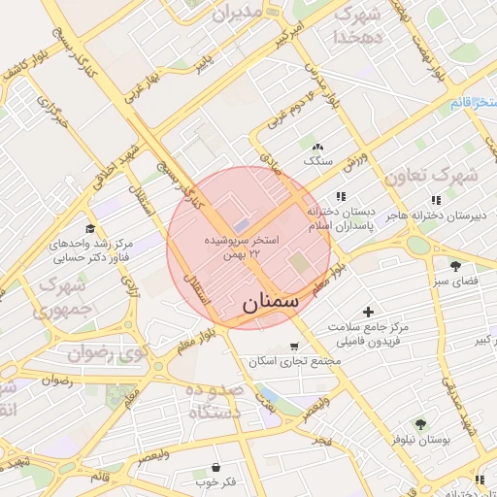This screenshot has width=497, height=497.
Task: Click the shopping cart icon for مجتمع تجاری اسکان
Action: (x=294, y=347)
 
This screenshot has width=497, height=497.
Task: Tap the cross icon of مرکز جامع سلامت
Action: (x=367, y=312)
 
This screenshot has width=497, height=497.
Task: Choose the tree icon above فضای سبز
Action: (x=455, y=265)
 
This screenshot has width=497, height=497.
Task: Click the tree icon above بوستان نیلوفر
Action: (x=420, y=424)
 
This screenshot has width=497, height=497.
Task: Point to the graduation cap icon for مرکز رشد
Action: (x=89, y=227)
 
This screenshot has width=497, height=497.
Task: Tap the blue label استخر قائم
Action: (x=473, y=102)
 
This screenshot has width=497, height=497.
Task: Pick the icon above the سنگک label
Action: (x=318, y=146)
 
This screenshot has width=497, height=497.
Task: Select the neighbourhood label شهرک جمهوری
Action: (x=58, y=296)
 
